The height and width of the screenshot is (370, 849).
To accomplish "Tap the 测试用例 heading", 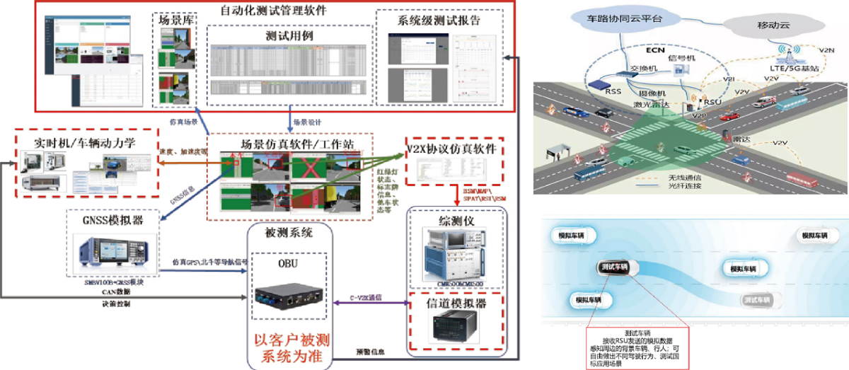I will click(290, 35).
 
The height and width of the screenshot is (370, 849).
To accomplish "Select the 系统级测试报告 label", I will click(439, 20).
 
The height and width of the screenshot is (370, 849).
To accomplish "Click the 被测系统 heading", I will click(289, 233).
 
